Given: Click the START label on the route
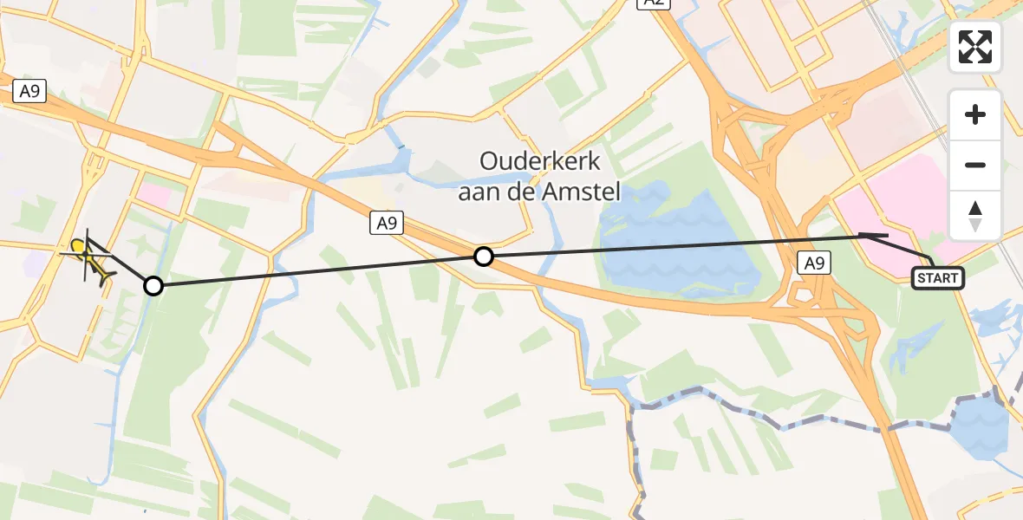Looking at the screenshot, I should (x=938, y=278).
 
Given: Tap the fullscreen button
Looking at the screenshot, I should (x=975, y=47).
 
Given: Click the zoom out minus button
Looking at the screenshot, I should (x=975, y=165).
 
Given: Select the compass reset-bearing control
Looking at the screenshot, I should (x=975, y=215).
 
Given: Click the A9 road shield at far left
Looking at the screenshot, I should (x=29, y=92).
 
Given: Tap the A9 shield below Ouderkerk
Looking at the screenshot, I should (x=388, y=224).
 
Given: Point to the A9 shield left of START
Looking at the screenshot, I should (x=813, y=263).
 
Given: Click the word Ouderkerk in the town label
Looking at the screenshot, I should (x=541, y=162).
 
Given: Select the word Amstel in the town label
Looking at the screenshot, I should (x=585, y=192).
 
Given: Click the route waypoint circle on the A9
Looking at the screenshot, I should (x=484, y=256).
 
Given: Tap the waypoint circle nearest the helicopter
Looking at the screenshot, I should (x=153, y=285).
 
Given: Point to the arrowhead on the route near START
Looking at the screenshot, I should (x=867, y=235).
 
